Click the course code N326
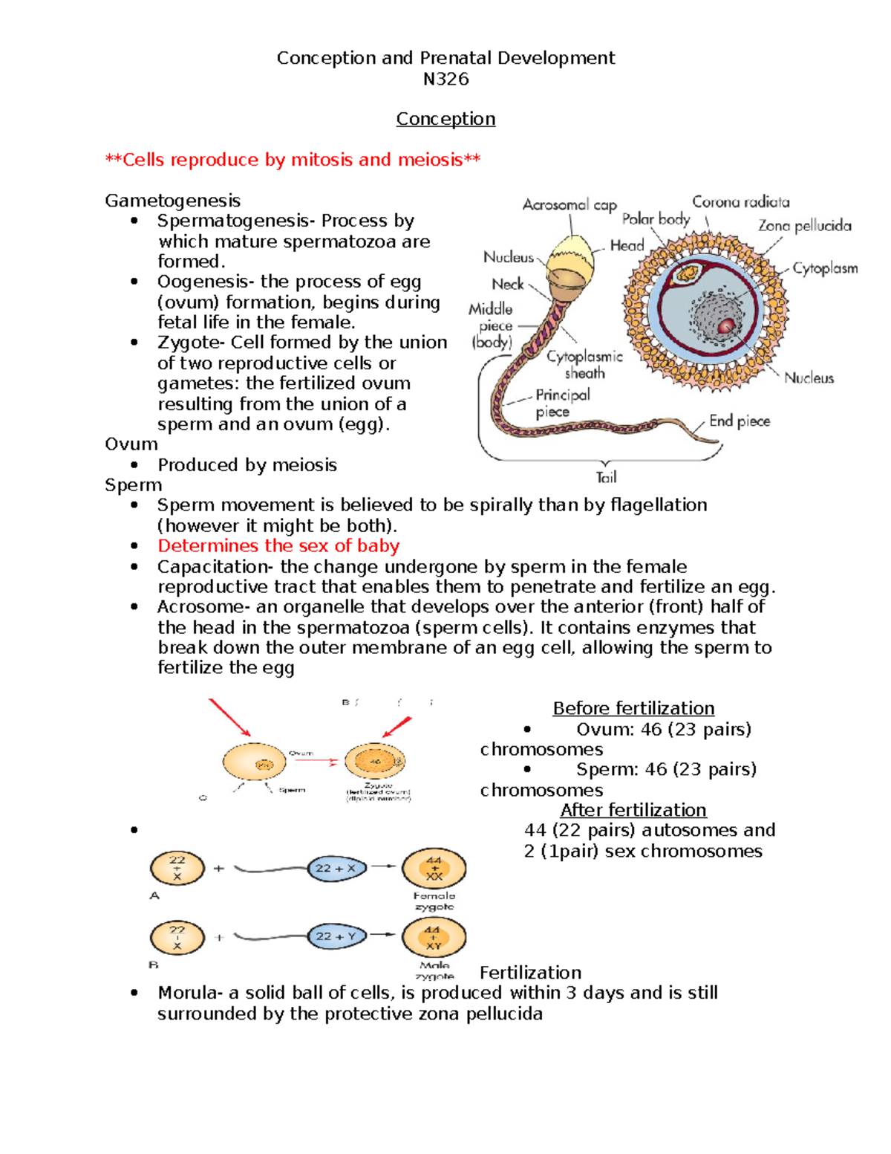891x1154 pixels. (x=446, y=80)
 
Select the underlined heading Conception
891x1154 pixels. (x=446, y=119)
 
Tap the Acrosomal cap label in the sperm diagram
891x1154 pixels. (x=569, y=204)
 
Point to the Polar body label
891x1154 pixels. (x=656, y=219)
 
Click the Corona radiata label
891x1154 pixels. (x=740, y=202)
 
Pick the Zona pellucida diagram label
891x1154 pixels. (x=804, y=226)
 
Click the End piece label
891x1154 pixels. (x=739, y=421)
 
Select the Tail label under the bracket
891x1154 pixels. (x=606, y=477)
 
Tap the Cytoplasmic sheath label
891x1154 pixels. (x=584, y=365)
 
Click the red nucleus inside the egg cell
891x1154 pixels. (x=725, y=325)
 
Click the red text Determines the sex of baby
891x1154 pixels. (x=278, y=546)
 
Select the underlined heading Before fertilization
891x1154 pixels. (x=633, y=709)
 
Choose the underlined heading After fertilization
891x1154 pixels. (x=633, y=810)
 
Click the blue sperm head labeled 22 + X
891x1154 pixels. (x=336, y=868)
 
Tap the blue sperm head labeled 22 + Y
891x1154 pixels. (x=336, y=936)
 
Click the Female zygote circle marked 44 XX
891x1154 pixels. (x=434, y=869)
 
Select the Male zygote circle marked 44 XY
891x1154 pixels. (x=434, y=937)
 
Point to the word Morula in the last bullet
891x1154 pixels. (x=186, y=993)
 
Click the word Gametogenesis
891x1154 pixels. (x=172, y=201)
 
